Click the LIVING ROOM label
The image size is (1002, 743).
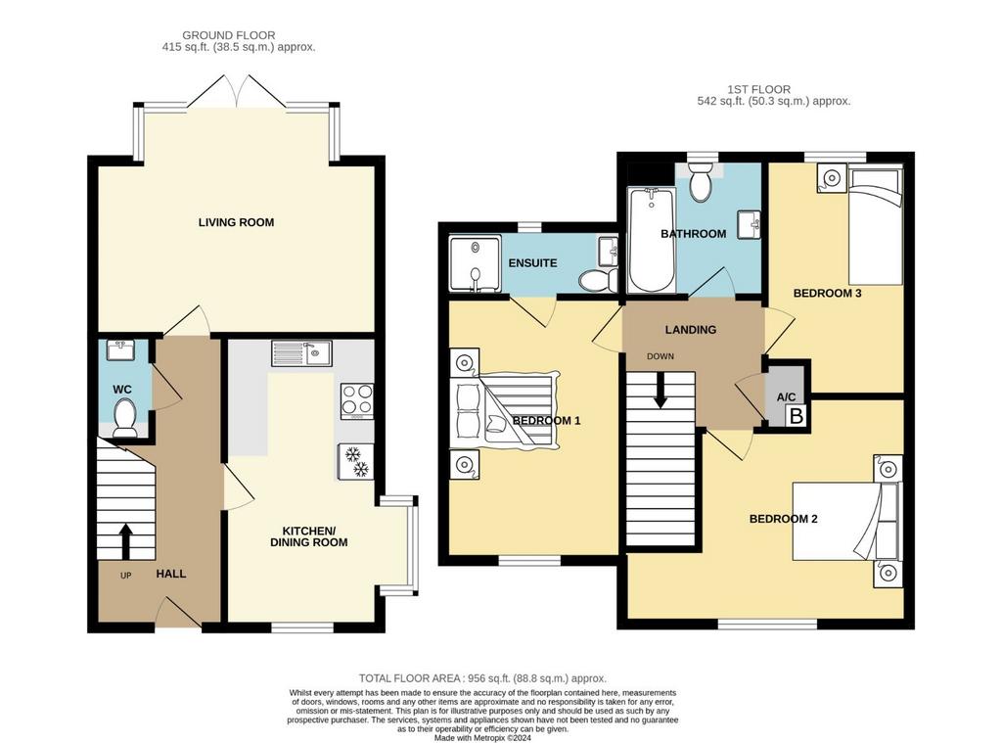point(236,222)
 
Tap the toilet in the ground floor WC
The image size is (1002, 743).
point(124,418)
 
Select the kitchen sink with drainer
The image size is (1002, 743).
point(301,353)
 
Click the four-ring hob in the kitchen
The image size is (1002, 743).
point(356,401)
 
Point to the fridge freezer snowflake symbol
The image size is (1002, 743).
point(355,462)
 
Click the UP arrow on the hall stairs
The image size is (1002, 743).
point(125,541)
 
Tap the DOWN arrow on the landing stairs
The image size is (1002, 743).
point(660,390)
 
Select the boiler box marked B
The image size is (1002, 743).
point(797,416)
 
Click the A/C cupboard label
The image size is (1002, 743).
point(786,397)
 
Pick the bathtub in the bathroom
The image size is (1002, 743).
point(652,240)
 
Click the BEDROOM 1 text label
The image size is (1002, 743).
point(546,421)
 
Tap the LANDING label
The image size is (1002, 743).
point(690,330)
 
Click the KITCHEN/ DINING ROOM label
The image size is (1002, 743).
point(308,536)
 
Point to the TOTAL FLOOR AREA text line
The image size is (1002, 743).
point(482,678)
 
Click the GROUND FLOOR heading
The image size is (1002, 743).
point(229,36)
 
